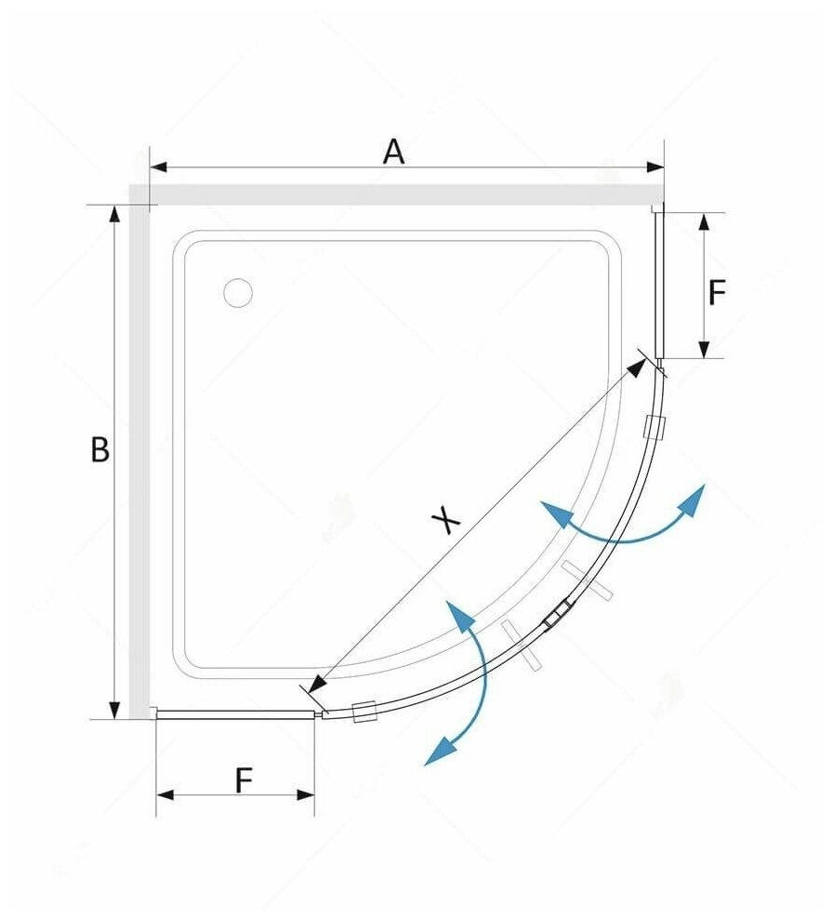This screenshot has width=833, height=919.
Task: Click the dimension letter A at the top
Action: click(x=394, y=151)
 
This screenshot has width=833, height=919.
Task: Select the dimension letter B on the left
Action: click(x=99, y=450)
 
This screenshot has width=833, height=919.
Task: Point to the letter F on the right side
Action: click(x=717, y=294)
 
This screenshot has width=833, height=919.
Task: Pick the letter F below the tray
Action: click(x=244, y=779)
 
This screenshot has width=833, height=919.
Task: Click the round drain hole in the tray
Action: click(x=238, y=293)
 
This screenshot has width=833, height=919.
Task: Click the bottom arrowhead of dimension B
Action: click(x=115, y=711)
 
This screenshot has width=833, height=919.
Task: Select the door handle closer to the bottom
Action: click(x=524, y=645)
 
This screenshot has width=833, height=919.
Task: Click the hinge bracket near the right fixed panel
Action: click(x=655, y=426)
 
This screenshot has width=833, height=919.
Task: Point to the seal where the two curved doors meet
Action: click(x=559, y=614)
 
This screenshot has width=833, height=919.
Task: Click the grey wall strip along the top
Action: click(x=400, y=194)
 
